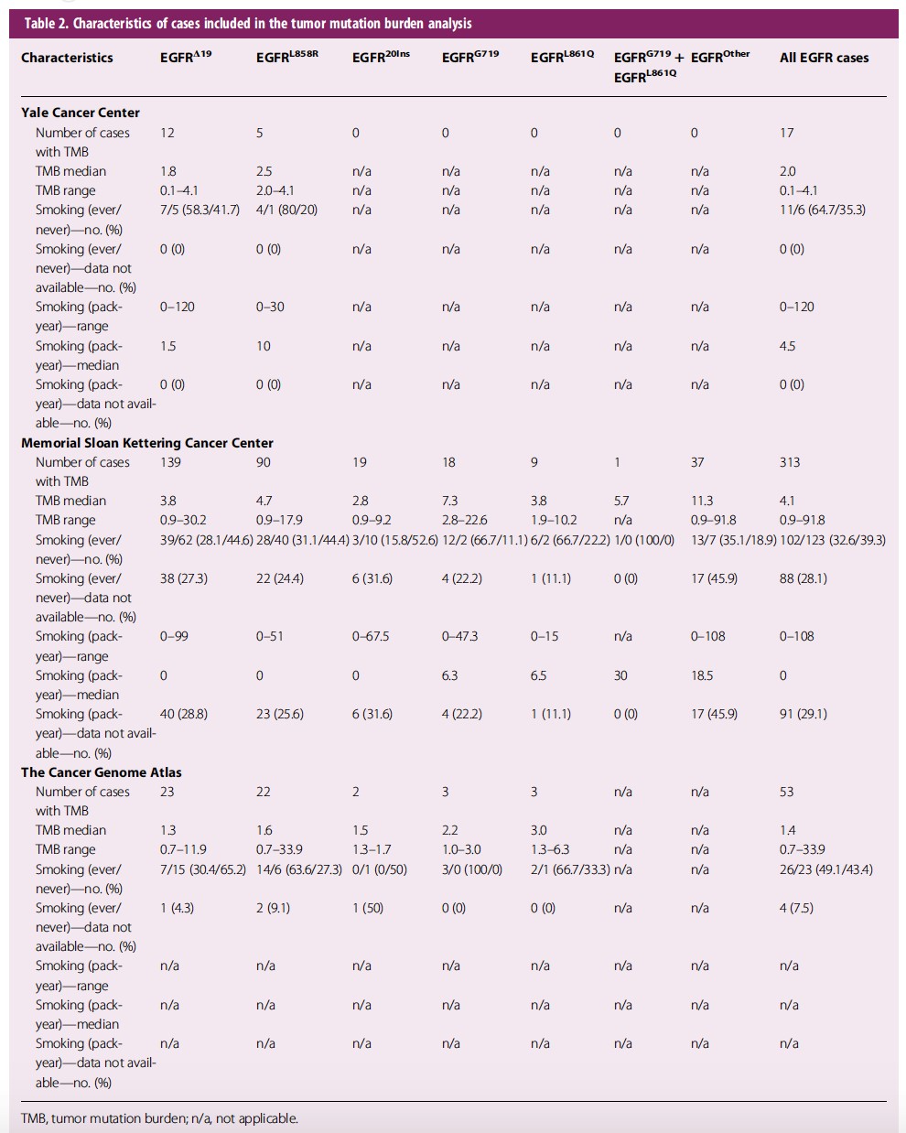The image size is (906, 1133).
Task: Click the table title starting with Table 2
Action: click(248, 24)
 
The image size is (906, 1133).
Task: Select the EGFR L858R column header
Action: click(287, 57)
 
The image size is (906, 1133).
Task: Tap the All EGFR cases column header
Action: click(824, 58)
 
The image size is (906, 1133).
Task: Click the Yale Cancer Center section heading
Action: click(80, 113)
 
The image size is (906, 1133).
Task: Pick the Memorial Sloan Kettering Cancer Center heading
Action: click(146, 443)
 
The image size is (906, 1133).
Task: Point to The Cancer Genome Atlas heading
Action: click(101, 772)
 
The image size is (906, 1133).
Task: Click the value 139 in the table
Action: click(170, 462)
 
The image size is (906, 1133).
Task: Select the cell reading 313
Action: click(790, 462)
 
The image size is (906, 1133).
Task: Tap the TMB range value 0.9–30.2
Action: click(183, 520)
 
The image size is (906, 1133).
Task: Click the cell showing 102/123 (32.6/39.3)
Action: click(832, 540)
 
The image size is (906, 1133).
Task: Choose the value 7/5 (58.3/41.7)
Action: click(200, 210)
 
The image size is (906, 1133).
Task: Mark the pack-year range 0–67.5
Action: click(371, 637)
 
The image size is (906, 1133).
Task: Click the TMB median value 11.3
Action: click(702, 501)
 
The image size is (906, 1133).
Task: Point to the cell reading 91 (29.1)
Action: click(804, 715)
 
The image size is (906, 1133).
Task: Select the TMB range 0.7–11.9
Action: click(183, 849)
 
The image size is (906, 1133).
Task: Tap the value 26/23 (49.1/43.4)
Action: click(826, 869)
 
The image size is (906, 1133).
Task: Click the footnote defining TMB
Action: click(159, 1118)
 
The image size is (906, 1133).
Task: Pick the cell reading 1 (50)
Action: click(368, 908)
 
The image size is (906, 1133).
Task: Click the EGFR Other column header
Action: click(720, 57)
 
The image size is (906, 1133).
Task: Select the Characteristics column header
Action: click(67, 58)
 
